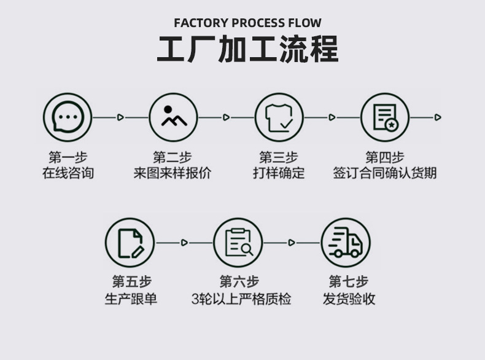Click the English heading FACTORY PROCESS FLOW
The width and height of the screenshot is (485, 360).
pyautogui.click(x=247, y=23)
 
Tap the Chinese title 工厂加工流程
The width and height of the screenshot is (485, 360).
pyautogui.click(x=247, y=50)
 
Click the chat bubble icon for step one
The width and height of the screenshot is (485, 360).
pyautogui.click(x=68, y=117)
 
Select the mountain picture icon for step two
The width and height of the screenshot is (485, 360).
pyautogui.click(x=174, y=117)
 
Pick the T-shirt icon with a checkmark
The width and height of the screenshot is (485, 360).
pyautogui.click(x=279, y=117)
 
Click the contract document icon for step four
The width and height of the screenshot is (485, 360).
pyautogui.click(x=385, y=117)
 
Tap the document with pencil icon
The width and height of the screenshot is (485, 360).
pyautogui.click(x=130, y=243)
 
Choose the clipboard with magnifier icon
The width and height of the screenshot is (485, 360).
pyautogui.click(x=238, y=243)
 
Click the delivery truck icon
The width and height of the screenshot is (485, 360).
pyautogui.click(x=346, y=243)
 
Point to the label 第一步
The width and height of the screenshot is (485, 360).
pyautogui.click(x=68, y=157)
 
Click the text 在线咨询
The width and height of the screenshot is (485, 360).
pyautogui.click(x=68, y=173)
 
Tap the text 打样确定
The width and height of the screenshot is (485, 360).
pyautogui.click(x=279, y=173)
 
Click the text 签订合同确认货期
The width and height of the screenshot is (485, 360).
pyautogui.click(x=385, y=173)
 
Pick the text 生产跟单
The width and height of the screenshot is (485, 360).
pyautogui.click(x=131, y=299)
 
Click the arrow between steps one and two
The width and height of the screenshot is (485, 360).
pyautogui.click(x=120, y=117)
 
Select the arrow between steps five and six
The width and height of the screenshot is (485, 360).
pyautogui.click(x=184, y=243)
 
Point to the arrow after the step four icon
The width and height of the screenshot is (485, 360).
pyautogui.click(x=437, y=117)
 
